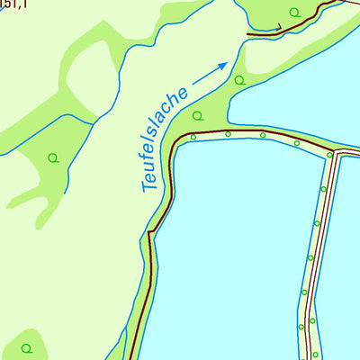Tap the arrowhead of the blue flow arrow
[x=225, y=64]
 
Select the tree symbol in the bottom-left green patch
[x=27, y=346]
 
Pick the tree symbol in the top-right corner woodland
[x=295, y=11]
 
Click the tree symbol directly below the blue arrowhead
[x=238, y=80]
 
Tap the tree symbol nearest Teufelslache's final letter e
[x=197, y=115]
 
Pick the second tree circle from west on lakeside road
[x=228, y=134]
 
